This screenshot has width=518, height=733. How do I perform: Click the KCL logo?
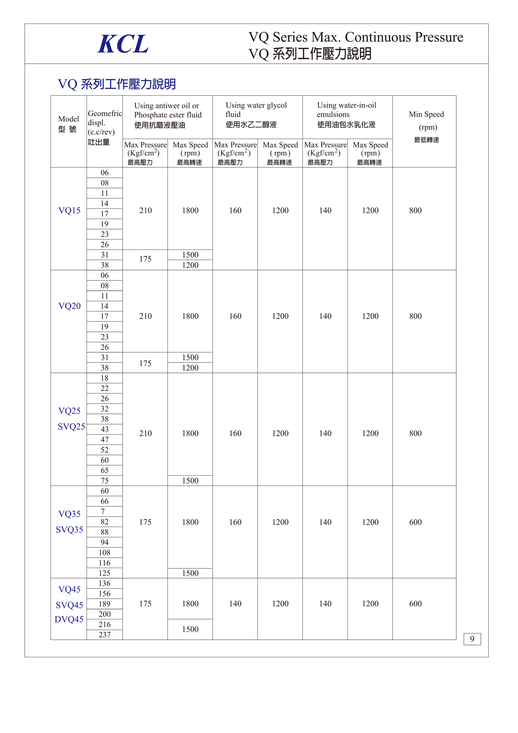pyautogui.click(x=123, y=44)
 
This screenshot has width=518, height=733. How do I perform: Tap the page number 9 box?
pyautogui.click(x=472, y=639)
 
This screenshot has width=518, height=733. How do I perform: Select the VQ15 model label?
pyautogui.click(x=69, y=211)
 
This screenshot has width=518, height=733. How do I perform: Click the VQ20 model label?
pyautogui.click(x=69, y=306)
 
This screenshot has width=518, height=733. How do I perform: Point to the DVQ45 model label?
pyautogui.click(x=69, y=619)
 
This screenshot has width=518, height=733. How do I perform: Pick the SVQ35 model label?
pyautogui.click(x=69, y=530)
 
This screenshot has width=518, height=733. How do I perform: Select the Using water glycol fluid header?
pyautogui.click(x=256, y=115)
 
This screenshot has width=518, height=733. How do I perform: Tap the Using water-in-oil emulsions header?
pyautogui.click(x=346, y=115)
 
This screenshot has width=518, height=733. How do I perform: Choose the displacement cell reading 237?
pyautogui.click(x=104, y=635)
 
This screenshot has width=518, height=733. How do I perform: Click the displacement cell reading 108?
pyautogui.click(x=104, y=553)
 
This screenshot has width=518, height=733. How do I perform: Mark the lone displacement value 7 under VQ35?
pyautogui.click(x=103, y=512)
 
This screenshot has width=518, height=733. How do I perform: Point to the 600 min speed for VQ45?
pyautogui.click(x=415, y=604)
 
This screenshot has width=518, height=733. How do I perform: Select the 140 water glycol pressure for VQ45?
pyautogui.click(x=235, y=604)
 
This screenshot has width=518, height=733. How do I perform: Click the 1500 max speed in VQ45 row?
pyautogui.click(x=190, y=629)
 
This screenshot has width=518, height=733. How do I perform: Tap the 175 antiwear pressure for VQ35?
pyautogui.click(x=145, y=522)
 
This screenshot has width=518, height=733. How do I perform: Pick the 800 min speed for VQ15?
pyautogui.click(x=415, y=211)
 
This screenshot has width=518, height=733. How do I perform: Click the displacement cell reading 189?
pyautogui.click(x=104, y=604)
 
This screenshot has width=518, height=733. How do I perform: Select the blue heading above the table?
pyautogui.click(x=117, y=84)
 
